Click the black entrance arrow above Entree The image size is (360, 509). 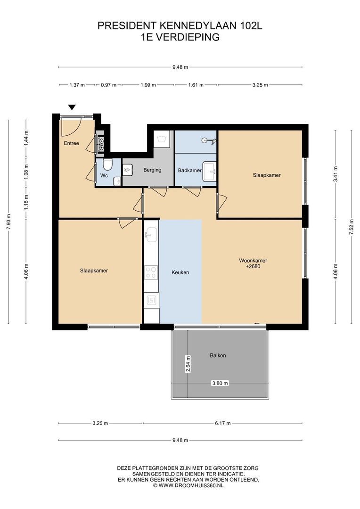pyautogui.click(x=72, y=107)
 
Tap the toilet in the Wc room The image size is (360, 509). pyautogui.click(x=107, y=164)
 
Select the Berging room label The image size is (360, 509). pyautogui.click(x=152, y=170)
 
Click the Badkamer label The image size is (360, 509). pyautogui.click(x=189, y=170)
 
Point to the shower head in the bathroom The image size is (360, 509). pyautogui.click(x=209, y=140)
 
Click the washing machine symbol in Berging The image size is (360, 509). pyautogui.click(x=162, y=139)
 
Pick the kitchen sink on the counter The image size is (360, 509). pyautogui.click(x=151, y=234)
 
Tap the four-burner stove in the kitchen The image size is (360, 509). pyautogui.click(x=151, y=272)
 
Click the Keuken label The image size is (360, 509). pyautogui.click(x=180, y=272)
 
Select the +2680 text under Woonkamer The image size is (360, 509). pyautogui.click(x=253, y=266)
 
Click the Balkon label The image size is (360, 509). pyautogui.click(x=218, y=355)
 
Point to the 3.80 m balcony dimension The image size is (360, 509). pyautogui.click(x=220, y=383)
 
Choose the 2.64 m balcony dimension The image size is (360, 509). pyautogui.click(x=188, y=364)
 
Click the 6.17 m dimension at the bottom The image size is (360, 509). pyautogui.click(x=223, y=423)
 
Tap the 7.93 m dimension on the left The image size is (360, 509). pyautogui.click(x=8, y=222)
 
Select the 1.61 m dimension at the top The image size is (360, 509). pyautogui.click(x=196, y=85)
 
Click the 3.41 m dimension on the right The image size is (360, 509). pyautogui.click(x=335, y=174)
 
